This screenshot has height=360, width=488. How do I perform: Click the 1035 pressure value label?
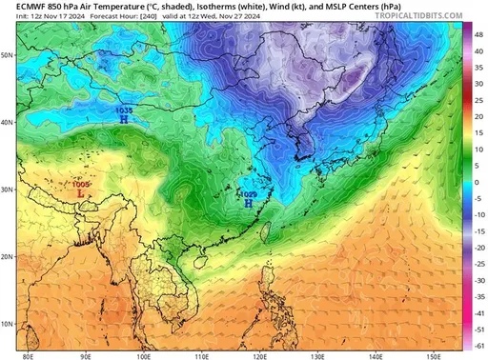coord(123,111)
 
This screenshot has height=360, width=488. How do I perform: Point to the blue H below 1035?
coord(124,121)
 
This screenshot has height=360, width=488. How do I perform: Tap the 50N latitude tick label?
coord(8,55)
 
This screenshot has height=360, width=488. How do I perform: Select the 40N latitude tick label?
coord(8,123)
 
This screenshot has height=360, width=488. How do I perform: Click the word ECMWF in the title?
coord(21,7)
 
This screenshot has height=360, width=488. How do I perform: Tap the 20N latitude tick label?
coord(8,257)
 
